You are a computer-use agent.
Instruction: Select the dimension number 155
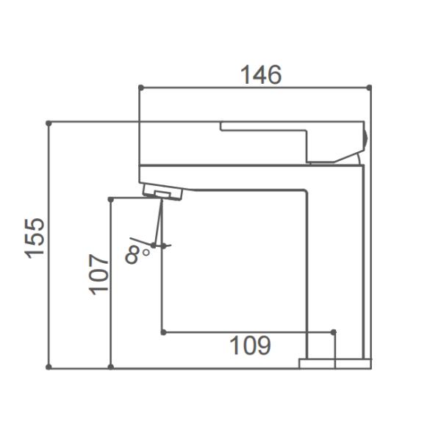35,237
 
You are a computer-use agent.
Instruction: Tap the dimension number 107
98,273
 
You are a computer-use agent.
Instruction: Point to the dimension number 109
250,345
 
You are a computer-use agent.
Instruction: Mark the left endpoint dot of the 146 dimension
140,87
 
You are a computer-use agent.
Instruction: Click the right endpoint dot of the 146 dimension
369,87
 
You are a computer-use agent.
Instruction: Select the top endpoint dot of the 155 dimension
49,123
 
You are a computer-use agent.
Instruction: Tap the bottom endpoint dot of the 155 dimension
49,366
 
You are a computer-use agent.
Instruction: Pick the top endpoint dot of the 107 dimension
110,198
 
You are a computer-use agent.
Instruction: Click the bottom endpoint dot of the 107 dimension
110,366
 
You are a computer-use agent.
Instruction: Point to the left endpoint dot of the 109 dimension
162,332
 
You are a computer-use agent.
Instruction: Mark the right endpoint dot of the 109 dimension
334,332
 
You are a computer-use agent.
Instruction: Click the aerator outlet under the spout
168,193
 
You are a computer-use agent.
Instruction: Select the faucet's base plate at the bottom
334,363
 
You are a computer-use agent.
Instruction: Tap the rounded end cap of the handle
365,137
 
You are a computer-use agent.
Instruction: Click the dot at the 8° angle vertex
154,245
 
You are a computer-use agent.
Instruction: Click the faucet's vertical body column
334,257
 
